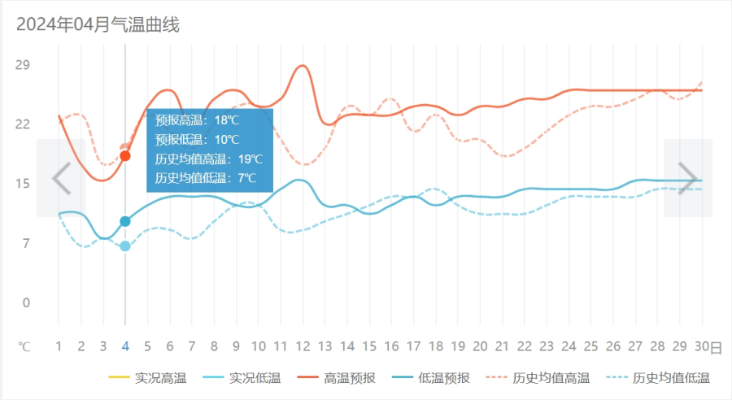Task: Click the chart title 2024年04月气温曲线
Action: click(x=98, y=24)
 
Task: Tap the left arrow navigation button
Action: click(x=62, y=178)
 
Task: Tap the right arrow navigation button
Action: click(x=688, y=178)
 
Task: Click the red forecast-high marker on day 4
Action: click(x=125, y=155)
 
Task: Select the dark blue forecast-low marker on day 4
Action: click(x=125, y=221)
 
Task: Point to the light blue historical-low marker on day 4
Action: click(x=125, y=246)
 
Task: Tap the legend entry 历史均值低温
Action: click(x=657, y=378)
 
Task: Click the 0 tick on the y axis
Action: click(x=26, y=303)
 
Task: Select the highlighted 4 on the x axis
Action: click(x=125, y=347)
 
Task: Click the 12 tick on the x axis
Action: click(x=303, y=347)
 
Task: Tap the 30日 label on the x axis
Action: click(x=707, y=347)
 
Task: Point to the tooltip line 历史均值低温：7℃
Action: click(x=206, y=177)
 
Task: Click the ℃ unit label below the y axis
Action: click(x=25, y=347)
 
